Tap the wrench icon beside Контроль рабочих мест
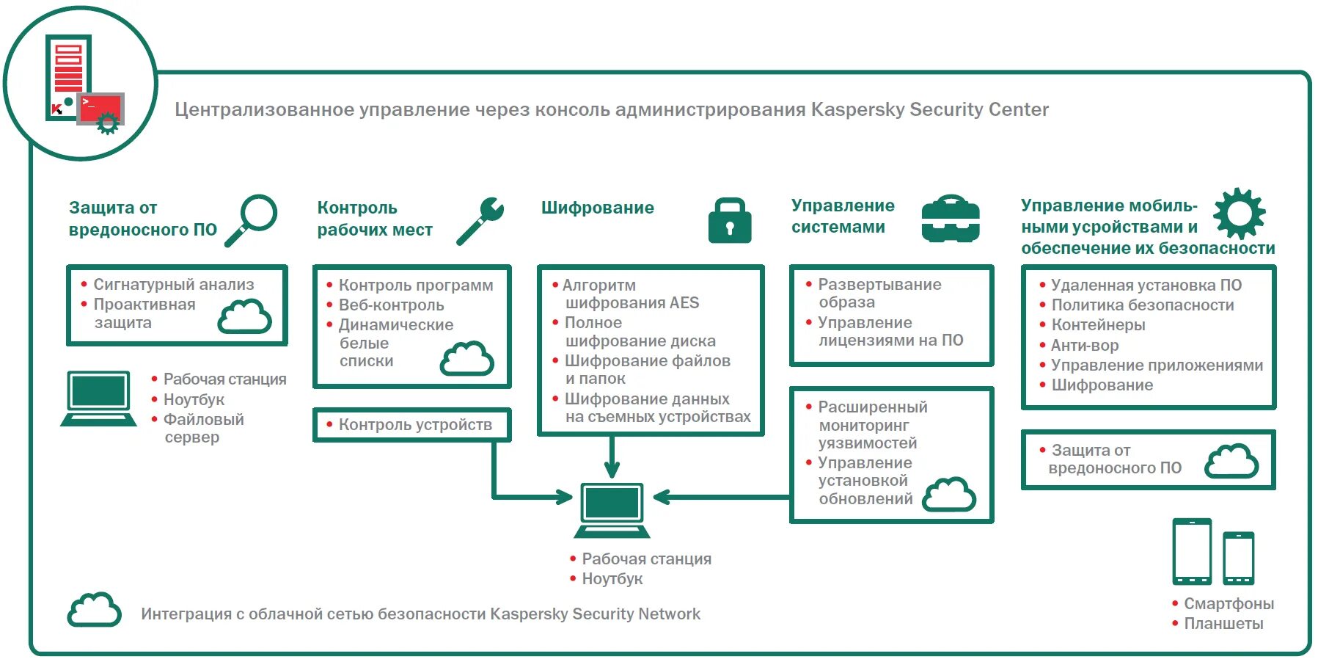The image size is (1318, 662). [x=480, y=220]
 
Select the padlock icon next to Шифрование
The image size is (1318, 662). [x=729, y=220]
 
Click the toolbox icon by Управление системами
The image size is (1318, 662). [x=950, y=219]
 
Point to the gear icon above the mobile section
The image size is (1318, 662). [x=1239, y=214]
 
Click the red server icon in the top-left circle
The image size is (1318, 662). [x=70, y=77]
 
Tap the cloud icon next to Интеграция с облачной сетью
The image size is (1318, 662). [x=94, y=610]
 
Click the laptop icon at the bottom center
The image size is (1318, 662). [x=612, y=509]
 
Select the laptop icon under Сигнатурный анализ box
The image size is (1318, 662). [x=98, y=398]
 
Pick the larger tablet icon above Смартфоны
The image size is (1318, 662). [x=1191, y=550]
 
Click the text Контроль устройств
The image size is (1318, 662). [x=415, y=424]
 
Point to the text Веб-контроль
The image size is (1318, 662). [x=391, y=305]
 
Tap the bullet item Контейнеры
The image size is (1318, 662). [x=1097, y=324]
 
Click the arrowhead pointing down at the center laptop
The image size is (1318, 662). [x=612, y=470]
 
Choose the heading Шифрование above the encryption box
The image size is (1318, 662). [x=597, y=208]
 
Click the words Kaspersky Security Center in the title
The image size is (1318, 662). [x=929, y=109]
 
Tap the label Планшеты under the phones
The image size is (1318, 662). [x=1223, y=623]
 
